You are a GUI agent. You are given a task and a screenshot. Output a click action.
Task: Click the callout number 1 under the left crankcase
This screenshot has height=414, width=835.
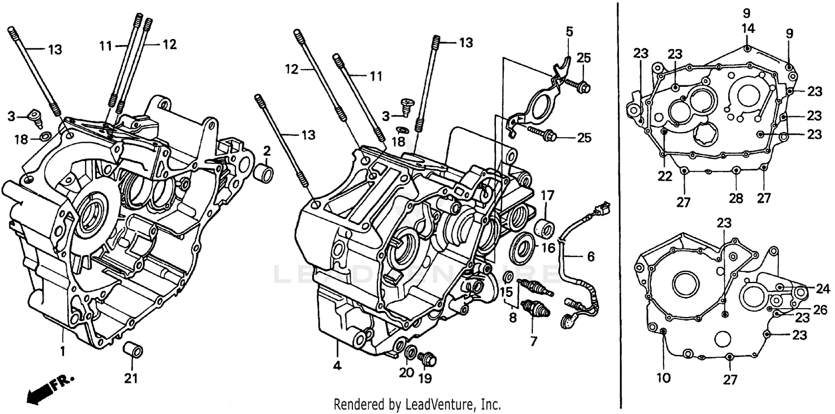[63, 352]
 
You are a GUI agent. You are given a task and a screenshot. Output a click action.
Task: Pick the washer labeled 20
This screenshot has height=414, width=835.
[410, 352]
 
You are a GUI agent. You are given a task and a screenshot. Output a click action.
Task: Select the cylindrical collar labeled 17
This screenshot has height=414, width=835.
[544, 229]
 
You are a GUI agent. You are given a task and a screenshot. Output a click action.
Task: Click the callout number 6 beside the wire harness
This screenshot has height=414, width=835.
[590, 257]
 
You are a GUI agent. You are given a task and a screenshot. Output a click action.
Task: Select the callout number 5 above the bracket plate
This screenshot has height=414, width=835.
[568, 32]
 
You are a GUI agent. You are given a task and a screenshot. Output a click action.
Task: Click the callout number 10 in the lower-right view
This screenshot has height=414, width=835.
[663, 378]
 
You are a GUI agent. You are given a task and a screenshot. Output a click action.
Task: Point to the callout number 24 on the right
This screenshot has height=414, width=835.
[823, 289]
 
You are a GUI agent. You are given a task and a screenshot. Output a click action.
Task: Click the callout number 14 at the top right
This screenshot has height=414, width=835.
[748, 27]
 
